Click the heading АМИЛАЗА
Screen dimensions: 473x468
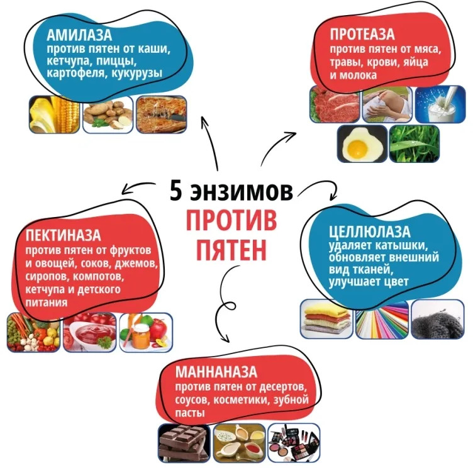(x=79, y=35)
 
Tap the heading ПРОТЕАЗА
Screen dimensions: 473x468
(x=362, y=34)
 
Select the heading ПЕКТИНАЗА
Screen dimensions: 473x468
(x=63, y=235)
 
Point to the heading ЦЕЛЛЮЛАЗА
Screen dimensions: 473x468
(x=370, y=231)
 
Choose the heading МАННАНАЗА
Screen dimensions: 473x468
(x=216, y=372)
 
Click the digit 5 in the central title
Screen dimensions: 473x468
(x=176, y=191)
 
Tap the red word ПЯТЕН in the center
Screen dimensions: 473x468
(x=231, y=250)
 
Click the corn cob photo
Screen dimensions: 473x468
(x=54, y=114)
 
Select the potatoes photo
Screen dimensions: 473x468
(x=108, y=114)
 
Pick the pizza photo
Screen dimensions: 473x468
(x=162, y=114)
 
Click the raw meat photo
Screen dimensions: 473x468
(x=335, y=104)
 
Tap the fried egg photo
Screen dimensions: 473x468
(x=362, y=144)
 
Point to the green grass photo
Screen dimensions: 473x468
(x=414, y=144)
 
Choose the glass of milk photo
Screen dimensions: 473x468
(x=440, y=104)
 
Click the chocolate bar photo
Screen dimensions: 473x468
(x=184, y=443)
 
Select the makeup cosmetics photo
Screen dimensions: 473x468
(x=294, y=443)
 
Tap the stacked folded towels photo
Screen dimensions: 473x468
(x=326, y=319)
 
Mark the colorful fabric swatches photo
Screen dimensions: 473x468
(x=382, y=319)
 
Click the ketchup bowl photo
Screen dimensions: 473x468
(x=89, y=332)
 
